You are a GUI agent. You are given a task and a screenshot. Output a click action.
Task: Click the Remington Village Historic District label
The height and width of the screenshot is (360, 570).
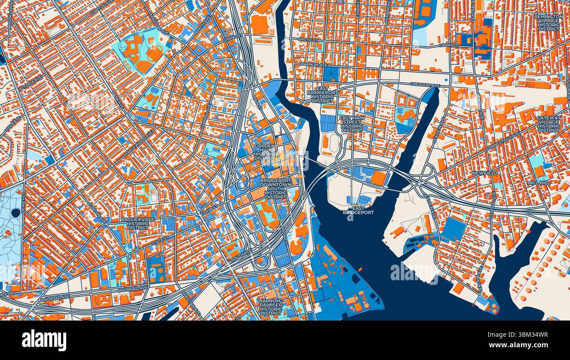(x=549, y=22)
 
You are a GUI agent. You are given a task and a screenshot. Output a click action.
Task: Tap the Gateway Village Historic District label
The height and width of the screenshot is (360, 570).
(x=549, y=124)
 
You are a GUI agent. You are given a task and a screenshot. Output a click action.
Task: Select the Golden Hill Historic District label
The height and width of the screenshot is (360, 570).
(x=264, y=152)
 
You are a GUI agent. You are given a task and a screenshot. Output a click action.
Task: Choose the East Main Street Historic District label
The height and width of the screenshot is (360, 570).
(x=352, y=124)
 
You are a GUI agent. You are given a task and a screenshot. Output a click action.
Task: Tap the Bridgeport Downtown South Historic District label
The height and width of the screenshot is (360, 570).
(x=276, y=188)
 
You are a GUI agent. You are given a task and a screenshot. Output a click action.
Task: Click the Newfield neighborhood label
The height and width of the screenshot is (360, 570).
(x=485, y=173)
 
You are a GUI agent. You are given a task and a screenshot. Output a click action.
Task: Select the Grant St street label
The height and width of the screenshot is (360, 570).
(x=449, y=45)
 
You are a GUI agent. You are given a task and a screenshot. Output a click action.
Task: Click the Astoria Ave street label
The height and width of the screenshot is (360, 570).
(x=30, y=84)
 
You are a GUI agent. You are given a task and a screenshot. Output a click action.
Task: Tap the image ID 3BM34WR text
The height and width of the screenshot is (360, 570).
(x=529, y=335)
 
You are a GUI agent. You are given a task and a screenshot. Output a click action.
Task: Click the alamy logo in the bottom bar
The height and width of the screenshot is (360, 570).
(x=44, y=340)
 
